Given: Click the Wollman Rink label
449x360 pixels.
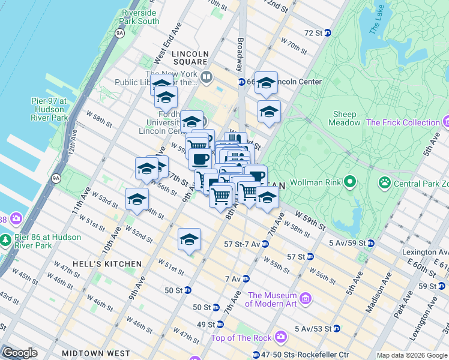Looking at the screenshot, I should (x=315, y=182).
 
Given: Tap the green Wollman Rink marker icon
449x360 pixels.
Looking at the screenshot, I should (x=348, y=181).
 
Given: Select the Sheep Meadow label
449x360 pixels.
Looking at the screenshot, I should (x=345, y=118).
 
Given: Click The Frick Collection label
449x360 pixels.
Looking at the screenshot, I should (x=403, y=122).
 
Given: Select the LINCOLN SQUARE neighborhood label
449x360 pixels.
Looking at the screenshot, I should (x=190, y=58).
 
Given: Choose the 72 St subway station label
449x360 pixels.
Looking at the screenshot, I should (x=313, y=33).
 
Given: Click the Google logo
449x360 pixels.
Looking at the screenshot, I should (x=20, y=352).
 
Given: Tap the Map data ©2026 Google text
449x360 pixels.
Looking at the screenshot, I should (x=411, y=355).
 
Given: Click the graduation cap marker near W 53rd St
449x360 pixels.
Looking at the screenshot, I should (x=137, y=199).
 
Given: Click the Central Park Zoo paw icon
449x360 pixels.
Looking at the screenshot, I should (x=384, y=181).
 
